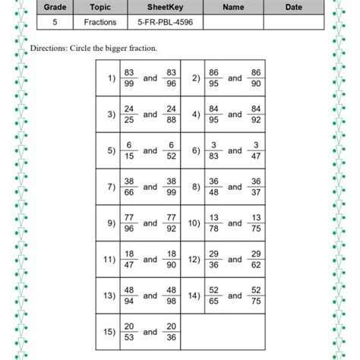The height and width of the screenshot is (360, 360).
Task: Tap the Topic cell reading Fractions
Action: (x=99, y=23)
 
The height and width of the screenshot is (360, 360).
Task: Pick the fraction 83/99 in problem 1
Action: (x=129, y=78)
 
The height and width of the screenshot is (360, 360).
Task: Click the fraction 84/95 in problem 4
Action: (x=213, y=115)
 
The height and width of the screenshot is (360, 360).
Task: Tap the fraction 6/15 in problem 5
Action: (x=129, y=150)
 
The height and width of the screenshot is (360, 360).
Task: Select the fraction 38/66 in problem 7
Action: (x=129, y=187)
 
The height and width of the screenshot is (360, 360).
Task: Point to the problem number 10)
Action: (x=194, y=223)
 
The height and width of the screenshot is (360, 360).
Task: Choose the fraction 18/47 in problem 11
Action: (x=129, y=259)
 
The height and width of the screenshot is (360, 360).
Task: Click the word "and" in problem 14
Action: (x=235, y=295)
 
